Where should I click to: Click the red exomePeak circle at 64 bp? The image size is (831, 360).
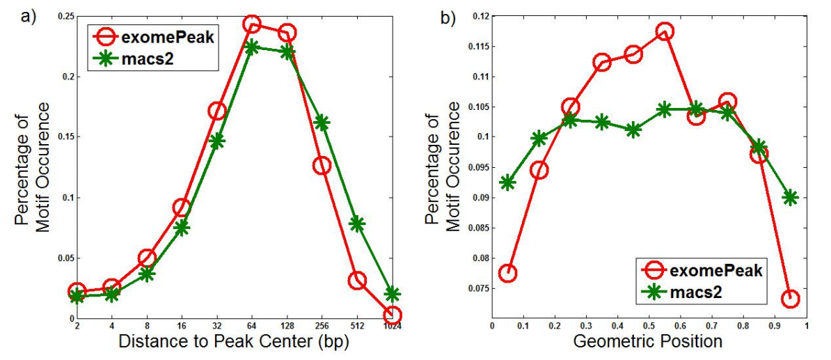pyautogui.click(x=252, y=24)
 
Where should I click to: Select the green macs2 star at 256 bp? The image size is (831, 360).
pyautogui.click(x=322, y=123)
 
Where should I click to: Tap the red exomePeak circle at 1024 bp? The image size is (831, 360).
pyautogui.click(x=393, y=315)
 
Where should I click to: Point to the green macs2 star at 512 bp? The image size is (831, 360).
pyautogui.click(x=357, y=224)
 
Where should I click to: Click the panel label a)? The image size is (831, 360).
pyautogui.click(x=29, y=16)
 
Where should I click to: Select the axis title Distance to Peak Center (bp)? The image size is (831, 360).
pyautogui.click(x=233, y=342)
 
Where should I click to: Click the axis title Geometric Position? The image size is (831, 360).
pyautogui.click(x=649, y=341)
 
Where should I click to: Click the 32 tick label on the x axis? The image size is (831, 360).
pyautogui.click(x=216, y=326)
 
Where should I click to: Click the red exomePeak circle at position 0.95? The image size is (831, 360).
pyautogui.click(x=790, y=299)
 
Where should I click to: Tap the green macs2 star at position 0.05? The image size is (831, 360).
pyautogui.click(x=508, y=182)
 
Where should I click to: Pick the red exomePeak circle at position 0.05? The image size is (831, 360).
pyautogui.click(x=508, y=273)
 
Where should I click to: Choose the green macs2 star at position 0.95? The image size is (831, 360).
pyautogui.click(x=790, y=197)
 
